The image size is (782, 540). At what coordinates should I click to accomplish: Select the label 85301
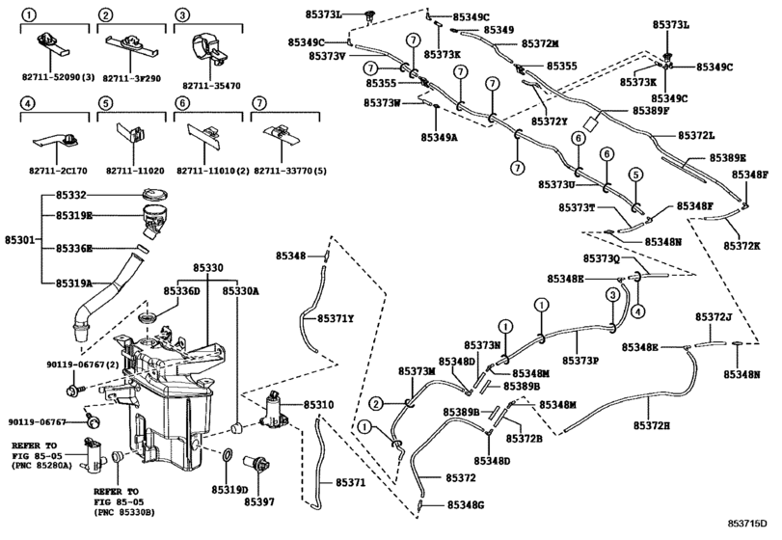19,237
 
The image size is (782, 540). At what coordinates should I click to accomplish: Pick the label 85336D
181,291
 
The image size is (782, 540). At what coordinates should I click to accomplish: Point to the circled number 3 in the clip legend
180,15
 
